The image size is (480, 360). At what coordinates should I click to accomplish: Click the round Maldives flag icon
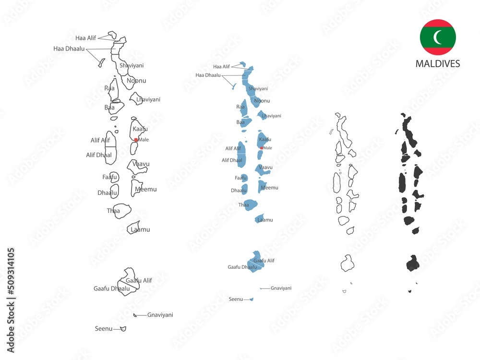pos(438,37)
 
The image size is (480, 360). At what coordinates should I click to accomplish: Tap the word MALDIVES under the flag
pos(438,63)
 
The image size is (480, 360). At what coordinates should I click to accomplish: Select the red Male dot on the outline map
pos(136,140)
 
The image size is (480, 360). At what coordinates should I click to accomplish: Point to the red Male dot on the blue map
pos(261,148)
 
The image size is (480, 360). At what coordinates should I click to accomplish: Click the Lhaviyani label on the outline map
pos(148,99)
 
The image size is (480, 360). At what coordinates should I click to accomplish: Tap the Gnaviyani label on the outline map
pos(160,315)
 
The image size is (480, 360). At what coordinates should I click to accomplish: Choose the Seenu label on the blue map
pos(236,299)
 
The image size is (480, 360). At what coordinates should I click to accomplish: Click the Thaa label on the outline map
pos(113,210)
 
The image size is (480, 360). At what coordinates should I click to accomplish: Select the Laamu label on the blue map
pos(265,220)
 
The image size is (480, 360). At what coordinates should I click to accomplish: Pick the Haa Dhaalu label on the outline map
pos(69,48)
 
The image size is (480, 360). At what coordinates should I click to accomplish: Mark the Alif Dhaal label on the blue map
pos(232,160)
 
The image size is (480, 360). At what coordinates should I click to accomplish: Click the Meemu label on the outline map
pos(146,189)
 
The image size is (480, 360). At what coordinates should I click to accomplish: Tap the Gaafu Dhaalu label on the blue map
pos(242,267)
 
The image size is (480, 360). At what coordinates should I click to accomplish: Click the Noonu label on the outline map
pos(136,81)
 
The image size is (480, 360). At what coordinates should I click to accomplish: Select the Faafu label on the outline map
pos(109,177)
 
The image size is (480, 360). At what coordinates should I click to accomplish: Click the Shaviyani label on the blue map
pos(258,89)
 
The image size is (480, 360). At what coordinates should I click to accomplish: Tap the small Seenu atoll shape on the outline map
pos(123,329)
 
